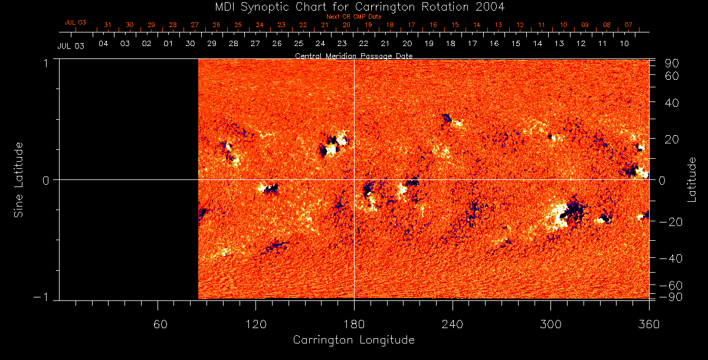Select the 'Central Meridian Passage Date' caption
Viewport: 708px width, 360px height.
[353, 55]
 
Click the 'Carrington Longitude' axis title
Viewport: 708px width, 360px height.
[353, 340]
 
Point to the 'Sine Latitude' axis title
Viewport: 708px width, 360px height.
[18, 179]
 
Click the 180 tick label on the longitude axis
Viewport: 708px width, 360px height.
[354, 324]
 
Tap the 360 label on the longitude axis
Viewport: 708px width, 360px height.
[649, 324]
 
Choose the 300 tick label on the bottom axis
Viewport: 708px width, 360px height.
[550, 324]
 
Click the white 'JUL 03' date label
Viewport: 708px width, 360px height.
[71, 46]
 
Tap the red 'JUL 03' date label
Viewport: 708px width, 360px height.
[76, 22]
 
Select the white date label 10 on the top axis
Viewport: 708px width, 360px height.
[624, 44]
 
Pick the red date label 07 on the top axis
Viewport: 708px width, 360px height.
[628, 25]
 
